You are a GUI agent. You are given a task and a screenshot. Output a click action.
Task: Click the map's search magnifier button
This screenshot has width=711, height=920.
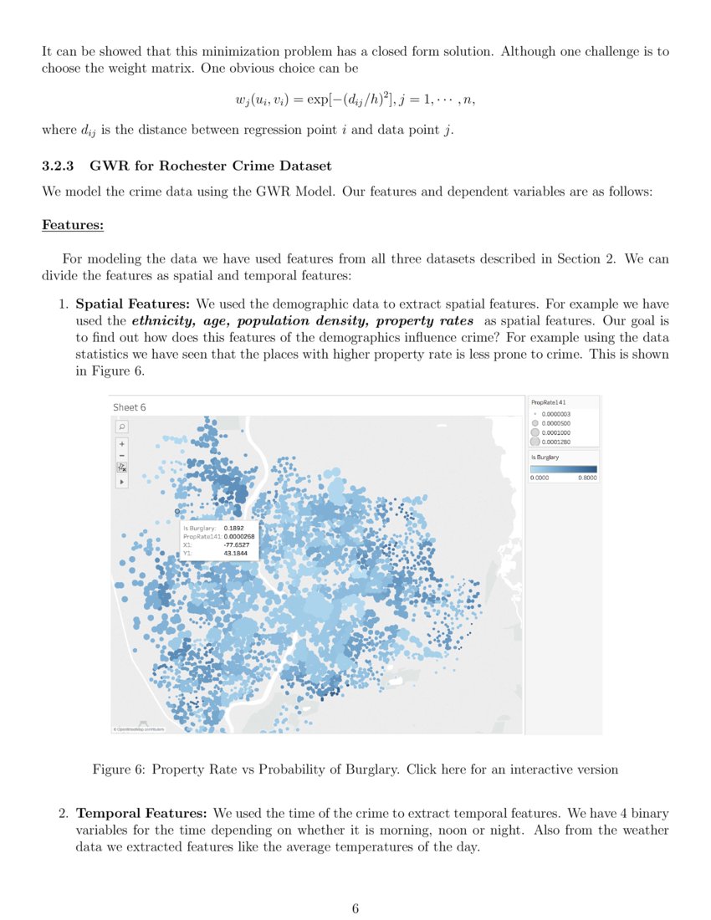tap(122, 427)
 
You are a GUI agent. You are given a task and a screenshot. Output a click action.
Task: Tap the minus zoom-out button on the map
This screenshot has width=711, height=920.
tap(122, 455)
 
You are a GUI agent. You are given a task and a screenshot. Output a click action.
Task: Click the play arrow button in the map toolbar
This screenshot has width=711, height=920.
tap(122, 483)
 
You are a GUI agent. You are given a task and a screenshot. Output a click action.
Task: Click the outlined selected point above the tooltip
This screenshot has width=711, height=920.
tap(177, 511)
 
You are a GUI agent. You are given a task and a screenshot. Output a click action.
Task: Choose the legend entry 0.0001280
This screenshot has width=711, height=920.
tap(555, 442)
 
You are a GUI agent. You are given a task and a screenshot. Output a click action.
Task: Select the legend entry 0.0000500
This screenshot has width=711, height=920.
tap(555, 422)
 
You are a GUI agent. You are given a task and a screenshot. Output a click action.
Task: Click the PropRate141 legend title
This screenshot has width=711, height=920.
tap(549, 402)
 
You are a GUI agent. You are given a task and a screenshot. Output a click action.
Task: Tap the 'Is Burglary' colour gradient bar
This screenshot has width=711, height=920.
tap(563, 469)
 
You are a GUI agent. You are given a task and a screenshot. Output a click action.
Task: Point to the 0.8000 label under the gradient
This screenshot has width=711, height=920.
tap(587, 478)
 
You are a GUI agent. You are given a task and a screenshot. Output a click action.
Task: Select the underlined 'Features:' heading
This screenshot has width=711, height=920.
tap(72, 225)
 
